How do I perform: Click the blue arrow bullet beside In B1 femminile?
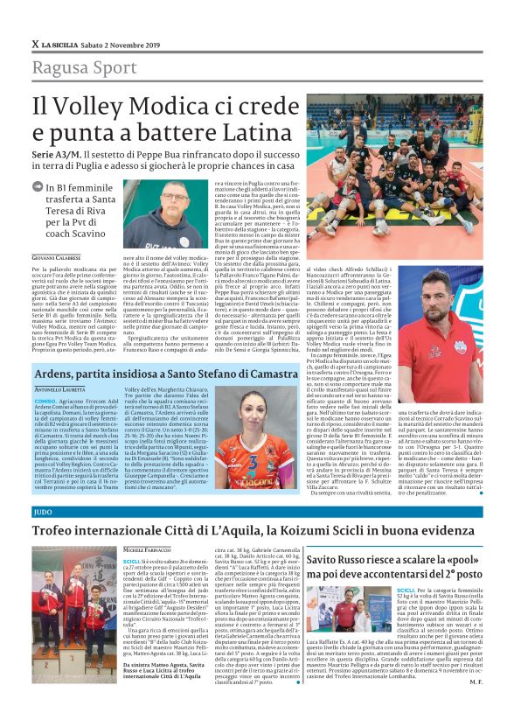tap(38, 186)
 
